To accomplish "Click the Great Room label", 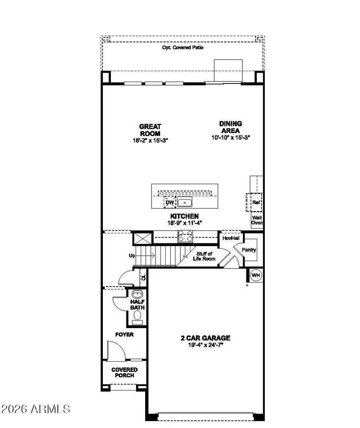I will click(150, 130).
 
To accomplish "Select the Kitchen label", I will click(184, 216).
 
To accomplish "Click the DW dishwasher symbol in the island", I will click(170, 203).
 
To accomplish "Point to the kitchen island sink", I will click(185, 203).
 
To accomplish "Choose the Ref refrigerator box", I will click(256, 203).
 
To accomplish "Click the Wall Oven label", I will click(256, 220).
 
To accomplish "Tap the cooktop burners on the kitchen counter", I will click(185, 237).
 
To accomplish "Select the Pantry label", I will click(248, 250).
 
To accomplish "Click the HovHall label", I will click(230, 238).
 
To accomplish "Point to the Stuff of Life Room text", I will click(206, 256).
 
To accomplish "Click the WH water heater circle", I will click(256, 275).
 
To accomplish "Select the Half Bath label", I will click(137, 305).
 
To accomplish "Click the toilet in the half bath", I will click(137, 317).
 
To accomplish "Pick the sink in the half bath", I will click(137, 293).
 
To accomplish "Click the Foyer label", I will click(125, 334).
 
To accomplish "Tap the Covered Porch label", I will click(124, 372).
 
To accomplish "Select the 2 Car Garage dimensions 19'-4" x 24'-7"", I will click(205, 344).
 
